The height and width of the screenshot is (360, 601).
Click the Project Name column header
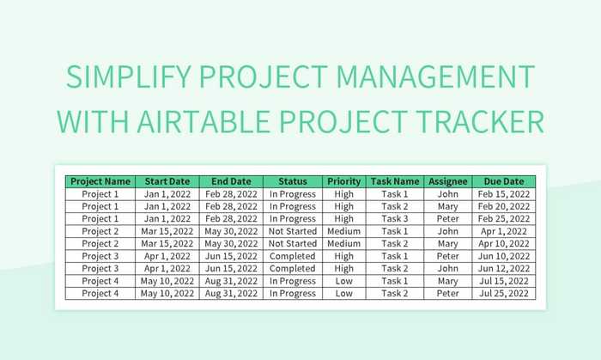(x=100, y=181)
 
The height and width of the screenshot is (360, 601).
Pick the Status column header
(x=292, y=181)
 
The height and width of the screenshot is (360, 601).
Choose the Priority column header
(x=343, y=181)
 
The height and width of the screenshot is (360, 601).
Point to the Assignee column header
(x=447, y=181)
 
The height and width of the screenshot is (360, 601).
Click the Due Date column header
(x=502, y=181)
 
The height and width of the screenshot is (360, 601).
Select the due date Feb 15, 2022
(x=502, y=194)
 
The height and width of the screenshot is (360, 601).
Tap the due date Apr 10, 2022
(x=502, y=244)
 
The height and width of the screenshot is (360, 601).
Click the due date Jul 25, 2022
(x=502, y=294)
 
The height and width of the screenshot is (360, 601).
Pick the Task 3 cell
(x=394, y=219)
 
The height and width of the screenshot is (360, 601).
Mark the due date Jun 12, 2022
(x=502, y=269)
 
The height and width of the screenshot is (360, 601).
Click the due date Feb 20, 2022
(x=502, y=206)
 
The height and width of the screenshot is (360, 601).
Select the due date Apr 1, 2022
(x=502, y=231)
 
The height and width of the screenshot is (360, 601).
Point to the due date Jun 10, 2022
(x=502, y=256)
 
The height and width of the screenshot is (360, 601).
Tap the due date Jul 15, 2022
(x=502, y=281)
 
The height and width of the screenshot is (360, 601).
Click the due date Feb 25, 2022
(x=502, y=219)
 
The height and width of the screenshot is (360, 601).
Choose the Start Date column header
(x=167, y=181)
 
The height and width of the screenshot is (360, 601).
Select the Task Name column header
(x=394, y=181)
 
